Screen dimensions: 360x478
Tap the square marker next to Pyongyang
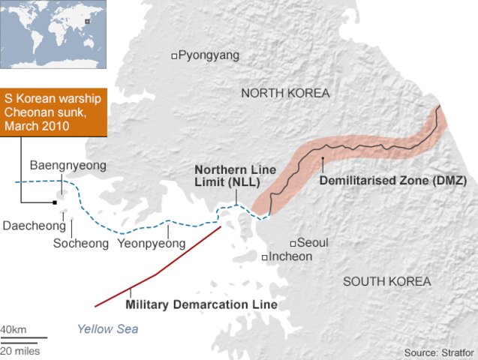tap(175, 55)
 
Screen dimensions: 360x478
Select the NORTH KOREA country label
tap(285, 93)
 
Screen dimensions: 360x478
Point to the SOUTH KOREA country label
tap(386, 281)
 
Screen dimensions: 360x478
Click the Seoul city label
tap(313, 243)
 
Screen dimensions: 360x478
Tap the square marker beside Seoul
tap(293, 244)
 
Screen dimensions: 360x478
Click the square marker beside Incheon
tap(265, 258)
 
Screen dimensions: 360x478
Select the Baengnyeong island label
tap(68, 165)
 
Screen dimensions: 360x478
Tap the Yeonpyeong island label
tap(152, 243)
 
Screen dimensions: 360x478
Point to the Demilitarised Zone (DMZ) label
tap(393, 181)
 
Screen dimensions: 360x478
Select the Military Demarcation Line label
tap(201, 305)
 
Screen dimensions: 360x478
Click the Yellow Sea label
tap(107, 328)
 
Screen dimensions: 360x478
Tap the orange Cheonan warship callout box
tap(55, 112)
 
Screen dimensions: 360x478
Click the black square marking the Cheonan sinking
tap(55, 202)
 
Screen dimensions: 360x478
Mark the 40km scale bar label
tap(13, 330)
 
